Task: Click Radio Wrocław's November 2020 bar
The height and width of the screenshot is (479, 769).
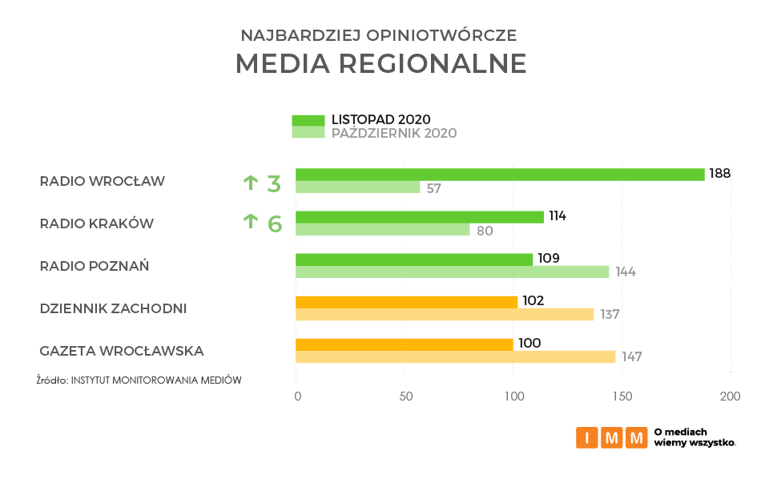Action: point(500,175)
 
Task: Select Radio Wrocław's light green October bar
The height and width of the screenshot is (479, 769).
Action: point(357,187)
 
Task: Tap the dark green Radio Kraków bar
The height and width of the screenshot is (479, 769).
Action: point(420,217)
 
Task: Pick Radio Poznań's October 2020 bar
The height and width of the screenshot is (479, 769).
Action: point(452,272)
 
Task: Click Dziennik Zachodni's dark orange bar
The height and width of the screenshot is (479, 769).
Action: point(406,302)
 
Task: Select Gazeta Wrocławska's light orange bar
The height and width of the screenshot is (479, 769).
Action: point(455,357)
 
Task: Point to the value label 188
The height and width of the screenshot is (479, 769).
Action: point(720,173)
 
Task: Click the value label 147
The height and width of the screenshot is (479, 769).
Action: point(632,357)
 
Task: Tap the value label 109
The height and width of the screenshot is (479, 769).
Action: point(549,258)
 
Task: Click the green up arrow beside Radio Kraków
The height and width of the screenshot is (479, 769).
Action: point(251,221)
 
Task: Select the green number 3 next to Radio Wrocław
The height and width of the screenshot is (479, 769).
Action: point(274,183)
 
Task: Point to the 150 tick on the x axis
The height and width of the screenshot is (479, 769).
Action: point(622,396)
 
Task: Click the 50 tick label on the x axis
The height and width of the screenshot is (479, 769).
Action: point(405,396)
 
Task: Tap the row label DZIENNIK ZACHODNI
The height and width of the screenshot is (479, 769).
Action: point(113,308)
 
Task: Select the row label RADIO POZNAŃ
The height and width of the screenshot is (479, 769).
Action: point(95,266)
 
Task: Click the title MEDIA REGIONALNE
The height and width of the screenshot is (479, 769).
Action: point(380,63)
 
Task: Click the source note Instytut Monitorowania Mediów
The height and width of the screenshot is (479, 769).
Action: point(139,380)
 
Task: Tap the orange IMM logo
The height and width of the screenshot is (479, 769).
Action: point(611,437)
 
